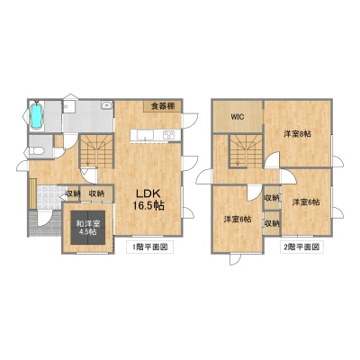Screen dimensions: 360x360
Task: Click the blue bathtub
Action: pyautogui.click(x=37, y=116)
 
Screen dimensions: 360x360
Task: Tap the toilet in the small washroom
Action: pyautogui.click(x=33, y=151)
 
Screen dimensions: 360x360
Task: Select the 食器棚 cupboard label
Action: pyautogui.click(x=162, y=106)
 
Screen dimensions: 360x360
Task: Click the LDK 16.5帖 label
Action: pyautogui.click(x=148, y=199)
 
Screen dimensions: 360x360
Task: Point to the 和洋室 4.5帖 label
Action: pyautogui.click(x=88, y=228)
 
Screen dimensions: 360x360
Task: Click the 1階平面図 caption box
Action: pyautogui.click(x=150, y=247)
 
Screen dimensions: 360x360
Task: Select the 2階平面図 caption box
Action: pyautogui.click(x=301, y=247)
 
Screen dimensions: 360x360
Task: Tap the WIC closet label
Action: pyautogui.click(x=237, y=117)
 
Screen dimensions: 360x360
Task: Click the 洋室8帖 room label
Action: pyautogui.click(x=297, y=134)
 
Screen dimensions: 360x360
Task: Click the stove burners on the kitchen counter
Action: pyautogui.click(x=169, y=134)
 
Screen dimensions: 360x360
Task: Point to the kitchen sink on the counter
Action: pyautogui.click(x=145, y=135)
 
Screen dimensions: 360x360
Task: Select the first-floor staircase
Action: pyautogui.click(x=96, y=150)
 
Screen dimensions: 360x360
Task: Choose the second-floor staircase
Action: pyautogui.click(x=246, y=151)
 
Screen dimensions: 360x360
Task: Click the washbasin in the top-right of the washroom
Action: pyautogui.click(x=106, y=105)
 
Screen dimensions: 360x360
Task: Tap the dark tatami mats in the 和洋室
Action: pyautogui.click(x=88, y=228)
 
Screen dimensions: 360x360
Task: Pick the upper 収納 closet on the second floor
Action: pyautogui.click(x=272, y=198)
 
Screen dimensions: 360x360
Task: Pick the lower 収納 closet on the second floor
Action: pyautogui.click(x=272, y=223)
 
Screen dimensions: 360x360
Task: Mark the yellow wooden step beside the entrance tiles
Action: pyautogui.click(x=33, y=193)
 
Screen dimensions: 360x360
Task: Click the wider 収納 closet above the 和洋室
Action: pyautogui.click(x=97, y=193)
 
